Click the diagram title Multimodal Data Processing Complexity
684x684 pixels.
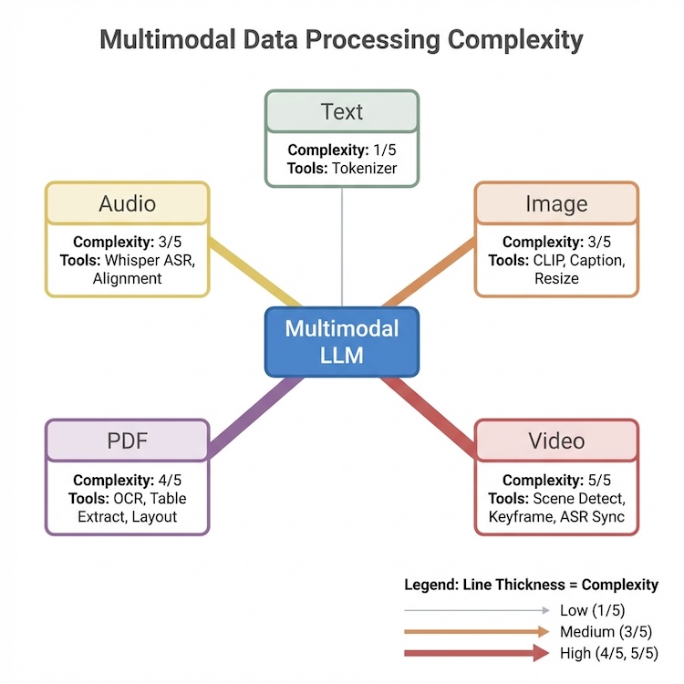pyautogui.click(x=341, y=41)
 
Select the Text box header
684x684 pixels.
pyautogui.click(x=342, y=112)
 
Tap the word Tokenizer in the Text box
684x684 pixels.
pyautogui.click(x=364, y=167)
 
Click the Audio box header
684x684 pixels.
pyautogui.click(x=127, y=203)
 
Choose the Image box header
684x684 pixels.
pyautogui.click(x=556, y=203)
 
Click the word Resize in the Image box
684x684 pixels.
pyautogui.click(x=556, y=277)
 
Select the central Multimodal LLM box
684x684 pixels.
pyautogui.click(x=342, y=341)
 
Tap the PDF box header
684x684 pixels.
pyautogui.click(x=127, y=441)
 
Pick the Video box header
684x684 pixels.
pyautogui.click(x=556, y=441)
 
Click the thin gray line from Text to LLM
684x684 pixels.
pyautogui.click(x=342, y=246)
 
